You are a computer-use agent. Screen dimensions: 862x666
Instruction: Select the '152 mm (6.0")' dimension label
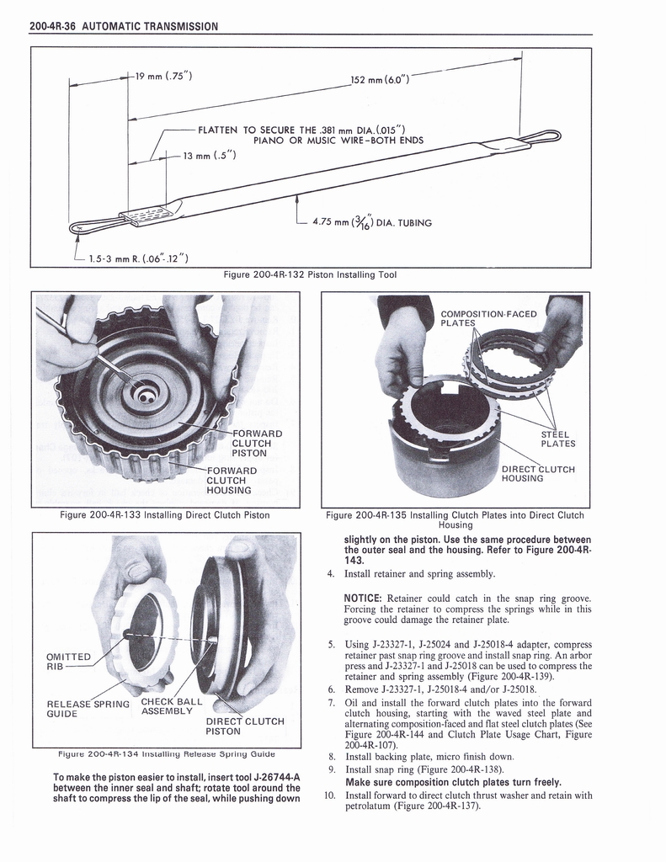pos(380,80)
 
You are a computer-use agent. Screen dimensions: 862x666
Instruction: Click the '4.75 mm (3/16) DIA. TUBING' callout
pos(371,222)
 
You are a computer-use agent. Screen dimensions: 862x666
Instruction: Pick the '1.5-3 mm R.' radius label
pos(138,257)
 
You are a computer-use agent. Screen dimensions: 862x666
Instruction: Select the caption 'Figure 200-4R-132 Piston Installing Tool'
pos(309,274)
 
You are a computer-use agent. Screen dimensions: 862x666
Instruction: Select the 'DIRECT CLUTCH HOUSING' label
pos(537,473)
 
